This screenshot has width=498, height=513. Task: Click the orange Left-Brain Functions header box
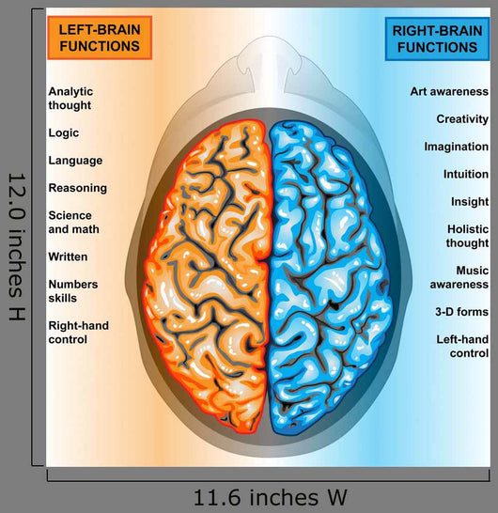(100, 38)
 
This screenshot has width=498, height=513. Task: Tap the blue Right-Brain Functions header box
(437, 39)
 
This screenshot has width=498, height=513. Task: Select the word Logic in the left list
(64, 133)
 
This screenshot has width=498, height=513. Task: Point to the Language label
(75, 161)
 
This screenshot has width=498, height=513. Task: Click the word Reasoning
(78, 188)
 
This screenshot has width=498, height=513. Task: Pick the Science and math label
(73, 222)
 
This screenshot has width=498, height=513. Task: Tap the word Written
(68, 256)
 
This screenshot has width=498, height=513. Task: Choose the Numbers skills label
(73, 291)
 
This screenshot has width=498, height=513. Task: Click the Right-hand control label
(79, 333)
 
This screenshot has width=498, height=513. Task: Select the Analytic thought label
(70, 98)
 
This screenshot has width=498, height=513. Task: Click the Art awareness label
(449, 92)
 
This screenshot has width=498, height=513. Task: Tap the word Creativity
(462, 119)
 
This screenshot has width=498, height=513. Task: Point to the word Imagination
(457, 147)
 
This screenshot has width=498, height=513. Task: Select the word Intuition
(466, 174)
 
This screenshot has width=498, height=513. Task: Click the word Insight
(470, 202)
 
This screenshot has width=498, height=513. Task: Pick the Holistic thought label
(467, 236)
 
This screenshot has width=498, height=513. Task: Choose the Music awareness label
(459, 277)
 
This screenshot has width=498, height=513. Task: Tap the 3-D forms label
(461, 312)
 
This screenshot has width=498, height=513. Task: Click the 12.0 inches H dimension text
(16, 247)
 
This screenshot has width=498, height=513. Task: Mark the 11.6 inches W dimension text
(271, 498)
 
